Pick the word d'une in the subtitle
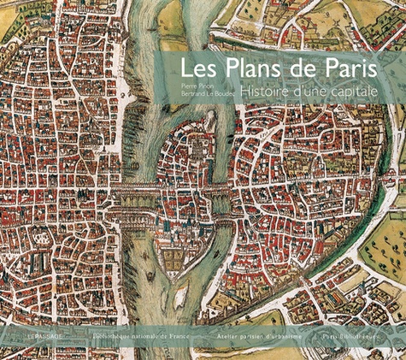click(x=314, y=89)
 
